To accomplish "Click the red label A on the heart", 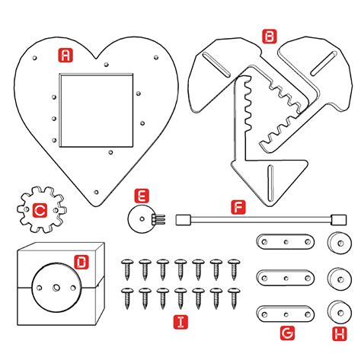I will pyautogui.click(x=66, y=55).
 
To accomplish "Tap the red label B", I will pyautogui.click(x=268, y=36).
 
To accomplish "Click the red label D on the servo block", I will pyautogui.click(x=81, y=263).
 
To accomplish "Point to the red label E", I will pyautogui.click(x=142, y=196).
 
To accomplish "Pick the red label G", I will pyautogui.click(x=287, y=332).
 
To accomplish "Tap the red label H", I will pyautogui.click(x=334, y=332).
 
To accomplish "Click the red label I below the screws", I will pyautogui.click(x=180, y=322).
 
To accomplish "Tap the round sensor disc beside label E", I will pyautogui.click(x=140, y=221).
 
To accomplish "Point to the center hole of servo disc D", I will pyautogui.click(x=56, y=288).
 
